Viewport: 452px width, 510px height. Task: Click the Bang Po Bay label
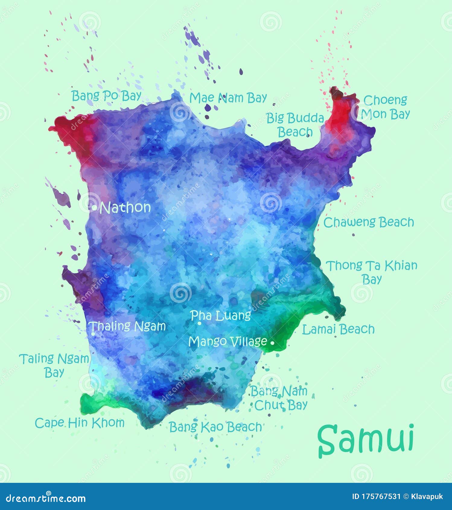107,96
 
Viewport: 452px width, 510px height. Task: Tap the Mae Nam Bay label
228,98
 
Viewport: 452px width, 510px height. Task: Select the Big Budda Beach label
295,125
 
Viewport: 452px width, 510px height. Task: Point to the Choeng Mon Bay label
385,107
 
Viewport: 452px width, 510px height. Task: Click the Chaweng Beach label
368,222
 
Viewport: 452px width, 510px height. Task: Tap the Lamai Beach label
338,329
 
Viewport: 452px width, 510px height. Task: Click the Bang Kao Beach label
215,427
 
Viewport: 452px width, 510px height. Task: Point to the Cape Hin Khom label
80,423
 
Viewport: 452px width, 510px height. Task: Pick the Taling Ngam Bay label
54,365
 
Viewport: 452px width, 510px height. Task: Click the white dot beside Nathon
94,208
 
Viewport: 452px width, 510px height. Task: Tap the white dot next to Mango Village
272,343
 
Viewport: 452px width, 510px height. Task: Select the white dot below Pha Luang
199,323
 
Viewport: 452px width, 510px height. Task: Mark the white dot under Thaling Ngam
93,333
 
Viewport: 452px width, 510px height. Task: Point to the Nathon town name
126,208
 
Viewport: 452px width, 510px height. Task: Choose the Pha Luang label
221,315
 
